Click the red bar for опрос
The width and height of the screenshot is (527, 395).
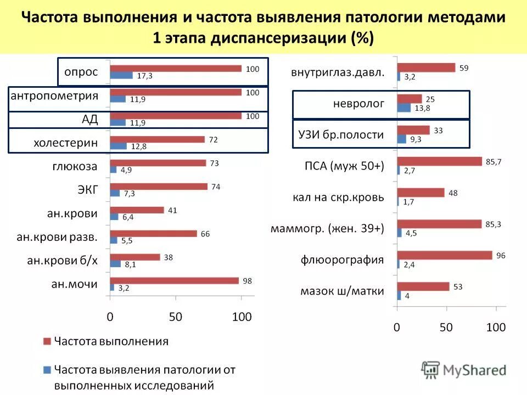click(x=176, y=69)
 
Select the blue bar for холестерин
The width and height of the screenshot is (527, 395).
click(x=118, y=146)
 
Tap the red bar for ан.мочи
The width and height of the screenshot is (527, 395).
click(x=175, y=281)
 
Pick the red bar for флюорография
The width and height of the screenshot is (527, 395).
click(x=445, y=255)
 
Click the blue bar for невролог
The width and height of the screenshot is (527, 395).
click(x=403, y=108)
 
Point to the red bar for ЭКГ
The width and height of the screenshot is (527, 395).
click(x=159, y=187)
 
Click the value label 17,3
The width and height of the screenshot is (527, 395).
click(x=144, y=76)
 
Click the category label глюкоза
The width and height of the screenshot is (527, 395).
click(x=75, y=166)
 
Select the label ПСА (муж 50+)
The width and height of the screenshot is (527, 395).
click(x=344, y=166)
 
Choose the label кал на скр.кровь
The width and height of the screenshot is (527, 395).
click(x=338, y=197)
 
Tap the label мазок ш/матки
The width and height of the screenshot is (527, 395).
click(x=341, y=291)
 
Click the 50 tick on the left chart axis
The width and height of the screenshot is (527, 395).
click(x=175, y=317)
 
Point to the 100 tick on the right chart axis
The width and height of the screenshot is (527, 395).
click(x=496, y=328)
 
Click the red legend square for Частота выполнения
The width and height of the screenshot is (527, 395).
click(x=47, y=342)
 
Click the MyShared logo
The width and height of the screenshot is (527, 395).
click(x=464, y=370)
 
